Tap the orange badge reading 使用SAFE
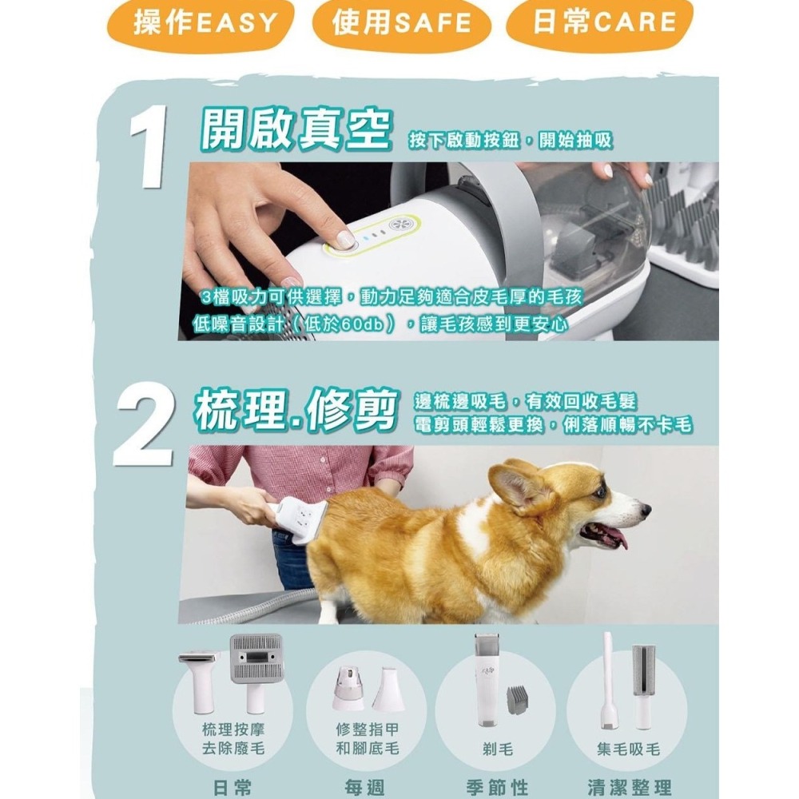click(x=401, y=25)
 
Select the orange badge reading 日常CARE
click(x=600, y=25)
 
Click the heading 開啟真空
click(x=295, y=130)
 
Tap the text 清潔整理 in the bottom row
click(x=628, y=787)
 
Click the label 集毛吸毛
click(x=628, y=749)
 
